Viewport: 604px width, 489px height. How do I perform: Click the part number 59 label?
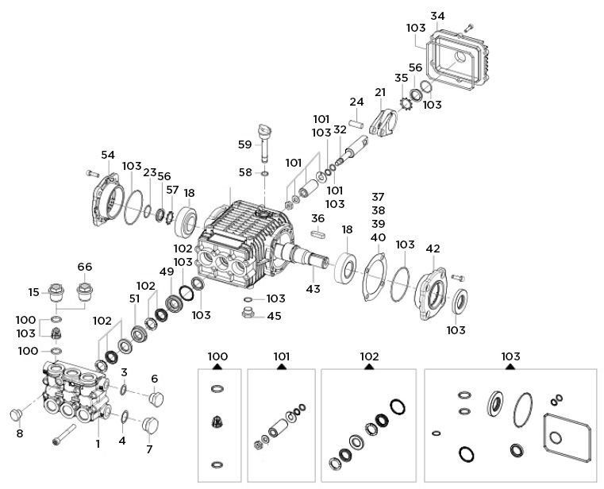click(x=244, y=144)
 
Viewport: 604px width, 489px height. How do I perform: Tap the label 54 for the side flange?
click(x=108, y=155)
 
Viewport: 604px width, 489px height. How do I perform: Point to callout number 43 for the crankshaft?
click(x=313, y=289)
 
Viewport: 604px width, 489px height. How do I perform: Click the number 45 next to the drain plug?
click(x=274, y=315)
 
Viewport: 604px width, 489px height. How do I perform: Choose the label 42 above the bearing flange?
click(x=432, y=248)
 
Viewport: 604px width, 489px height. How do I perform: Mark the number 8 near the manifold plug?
click(x=21, y=433)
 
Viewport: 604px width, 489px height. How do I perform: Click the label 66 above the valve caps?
click(x=85, y=267)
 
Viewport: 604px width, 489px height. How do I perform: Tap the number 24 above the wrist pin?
click(x=356, y=102)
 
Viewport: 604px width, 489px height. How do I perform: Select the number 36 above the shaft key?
click(x=317, y=218)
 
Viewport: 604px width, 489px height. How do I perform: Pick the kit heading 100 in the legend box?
click(x=217, y=357)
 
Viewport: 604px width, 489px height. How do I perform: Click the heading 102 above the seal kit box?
click(x=369, y=357)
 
